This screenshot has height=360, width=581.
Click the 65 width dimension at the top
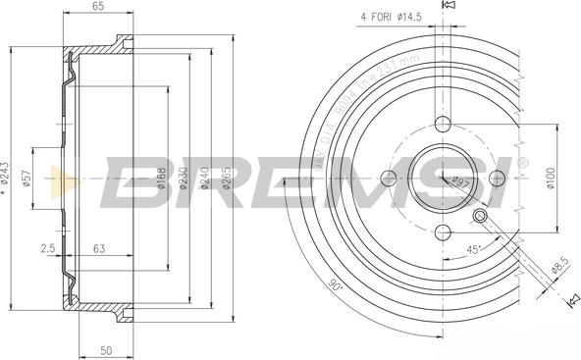[98, 7]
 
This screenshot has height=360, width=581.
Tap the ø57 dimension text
[28, 178]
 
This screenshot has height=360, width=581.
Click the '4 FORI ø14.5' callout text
[390, 17]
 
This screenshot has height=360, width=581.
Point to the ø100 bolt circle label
[552, 178]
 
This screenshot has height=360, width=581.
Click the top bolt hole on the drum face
[443, 125]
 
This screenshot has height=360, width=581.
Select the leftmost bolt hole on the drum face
[389, 178]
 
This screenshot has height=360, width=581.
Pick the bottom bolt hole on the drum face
[443, 231]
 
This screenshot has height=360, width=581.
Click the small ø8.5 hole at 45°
[481, 216]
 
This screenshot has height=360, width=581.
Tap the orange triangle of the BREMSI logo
[64, 180]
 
